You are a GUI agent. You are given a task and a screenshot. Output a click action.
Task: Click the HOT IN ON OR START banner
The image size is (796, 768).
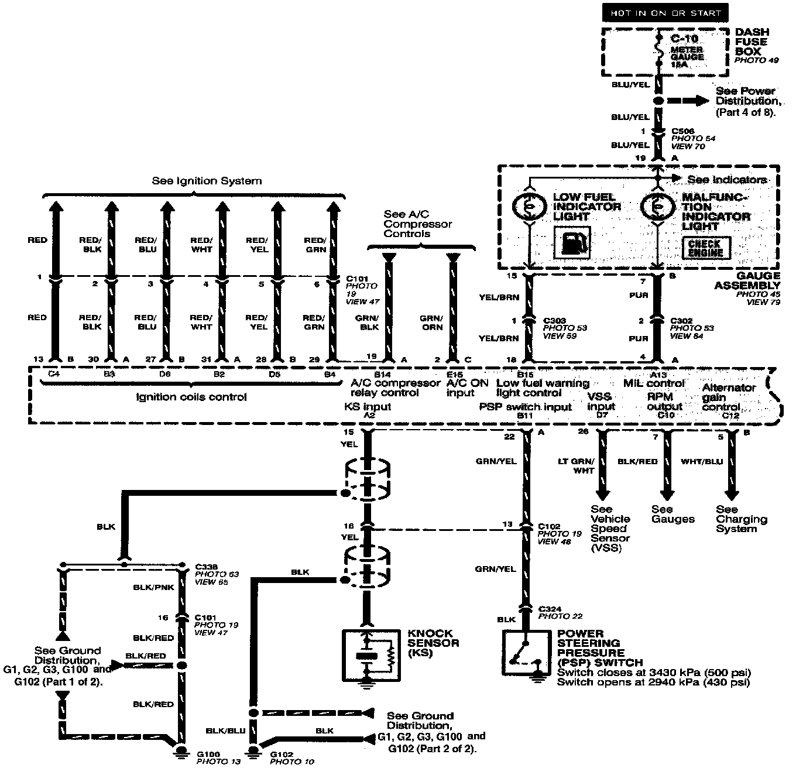click(x=665, y=13)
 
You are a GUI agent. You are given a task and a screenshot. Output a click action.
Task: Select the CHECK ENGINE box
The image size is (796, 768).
click(x=705, y=248)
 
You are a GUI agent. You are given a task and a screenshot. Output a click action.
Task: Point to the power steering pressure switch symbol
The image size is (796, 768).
click(x=525, y=654)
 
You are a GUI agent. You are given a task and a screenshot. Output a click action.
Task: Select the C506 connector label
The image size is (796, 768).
click(x=682, y=131)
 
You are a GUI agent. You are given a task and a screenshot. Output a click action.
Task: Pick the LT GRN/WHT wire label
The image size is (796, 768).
click(x=576, y=466)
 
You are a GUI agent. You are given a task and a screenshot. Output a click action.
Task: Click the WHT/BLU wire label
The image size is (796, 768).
click(x=702, y=461)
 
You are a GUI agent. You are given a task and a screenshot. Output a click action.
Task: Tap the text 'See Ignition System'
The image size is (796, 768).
click(x=207, y=181)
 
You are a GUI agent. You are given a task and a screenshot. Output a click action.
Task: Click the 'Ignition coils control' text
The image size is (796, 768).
click(x=191, y=397)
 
